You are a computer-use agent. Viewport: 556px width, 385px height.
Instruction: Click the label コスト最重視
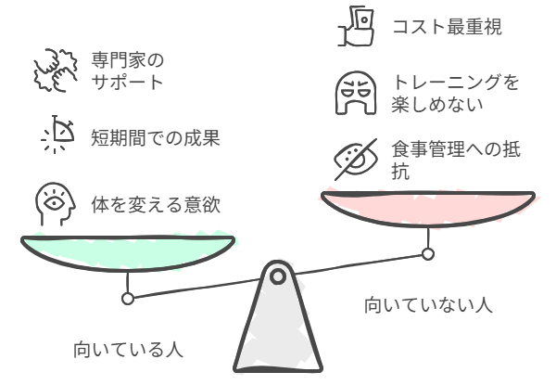pos(448,27)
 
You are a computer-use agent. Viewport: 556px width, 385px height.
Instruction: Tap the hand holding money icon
pos(356,26)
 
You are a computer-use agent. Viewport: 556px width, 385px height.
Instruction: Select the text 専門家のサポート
pos(128,71)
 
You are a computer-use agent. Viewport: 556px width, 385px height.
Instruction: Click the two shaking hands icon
pos(56,71)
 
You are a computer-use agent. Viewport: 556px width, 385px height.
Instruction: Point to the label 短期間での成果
pos(156,137)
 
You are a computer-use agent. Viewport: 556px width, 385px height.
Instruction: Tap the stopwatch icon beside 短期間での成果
pos(57,135)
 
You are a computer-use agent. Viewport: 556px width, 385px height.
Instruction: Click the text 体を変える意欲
pos(156,205)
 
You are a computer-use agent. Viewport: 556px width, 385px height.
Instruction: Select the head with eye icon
pos(55,204)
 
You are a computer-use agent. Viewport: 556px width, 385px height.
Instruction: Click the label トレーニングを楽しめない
pos(455,94)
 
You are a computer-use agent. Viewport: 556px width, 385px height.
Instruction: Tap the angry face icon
pos(356,93)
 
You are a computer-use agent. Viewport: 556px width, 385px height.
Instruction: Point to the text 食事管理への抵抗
pos(456,160)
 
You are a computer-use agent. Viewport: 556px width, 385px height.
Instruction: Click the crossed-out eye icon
pos(356,160)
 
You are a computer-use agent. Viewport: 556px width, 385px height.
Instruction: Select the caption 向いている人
pos(128,350)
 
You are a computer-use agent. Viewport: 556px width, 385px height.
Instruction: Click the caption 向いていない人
pos(428,305)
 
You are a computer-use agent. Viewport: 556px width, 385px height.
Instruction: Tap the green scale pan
pos(128,253)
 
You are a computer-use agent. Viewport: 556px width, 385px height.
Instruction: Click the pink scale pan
pos(428,209)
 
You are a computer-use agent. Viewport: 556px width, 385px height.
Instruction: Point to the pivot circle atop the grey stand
pos(278,276)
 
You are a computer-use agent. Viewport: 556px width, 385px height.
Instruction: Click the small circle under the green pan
pos(128,299)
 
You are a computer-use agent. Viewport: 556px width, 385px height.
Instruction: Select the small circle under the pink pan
pos(428,254)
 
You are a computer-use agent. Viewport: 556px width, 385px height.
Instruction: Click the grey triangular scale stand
pos(278,327)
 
